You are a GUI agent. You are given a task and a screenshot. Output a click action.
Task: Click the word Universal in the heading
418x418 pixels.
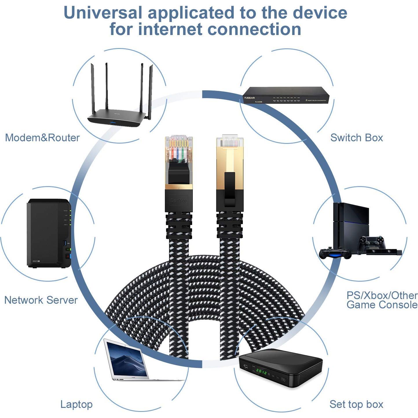103,13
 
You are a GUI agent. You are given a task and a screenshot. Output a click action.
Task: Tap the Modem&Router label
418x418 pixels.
42,138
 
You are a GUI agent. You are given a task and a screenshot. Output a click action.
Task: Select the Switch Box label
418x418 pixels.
357,138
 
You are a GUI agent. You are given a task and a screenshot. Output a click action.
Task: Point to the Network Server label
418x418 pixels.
41,300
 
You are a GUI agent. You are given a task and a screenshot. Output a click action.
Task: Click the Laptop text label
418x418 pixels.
76,404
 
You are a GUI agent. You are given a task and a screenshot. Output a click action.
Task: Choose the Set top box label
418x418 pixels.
356,404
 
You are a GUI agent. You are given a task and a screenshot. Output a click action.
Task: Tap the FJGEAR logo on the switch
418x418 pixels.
250,98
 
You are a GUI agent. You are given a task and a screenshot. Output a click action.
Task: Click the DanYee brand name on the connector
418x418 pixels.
179,200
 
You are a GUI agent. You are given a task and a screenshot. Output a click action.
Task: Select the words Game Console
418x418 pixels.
382,305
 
